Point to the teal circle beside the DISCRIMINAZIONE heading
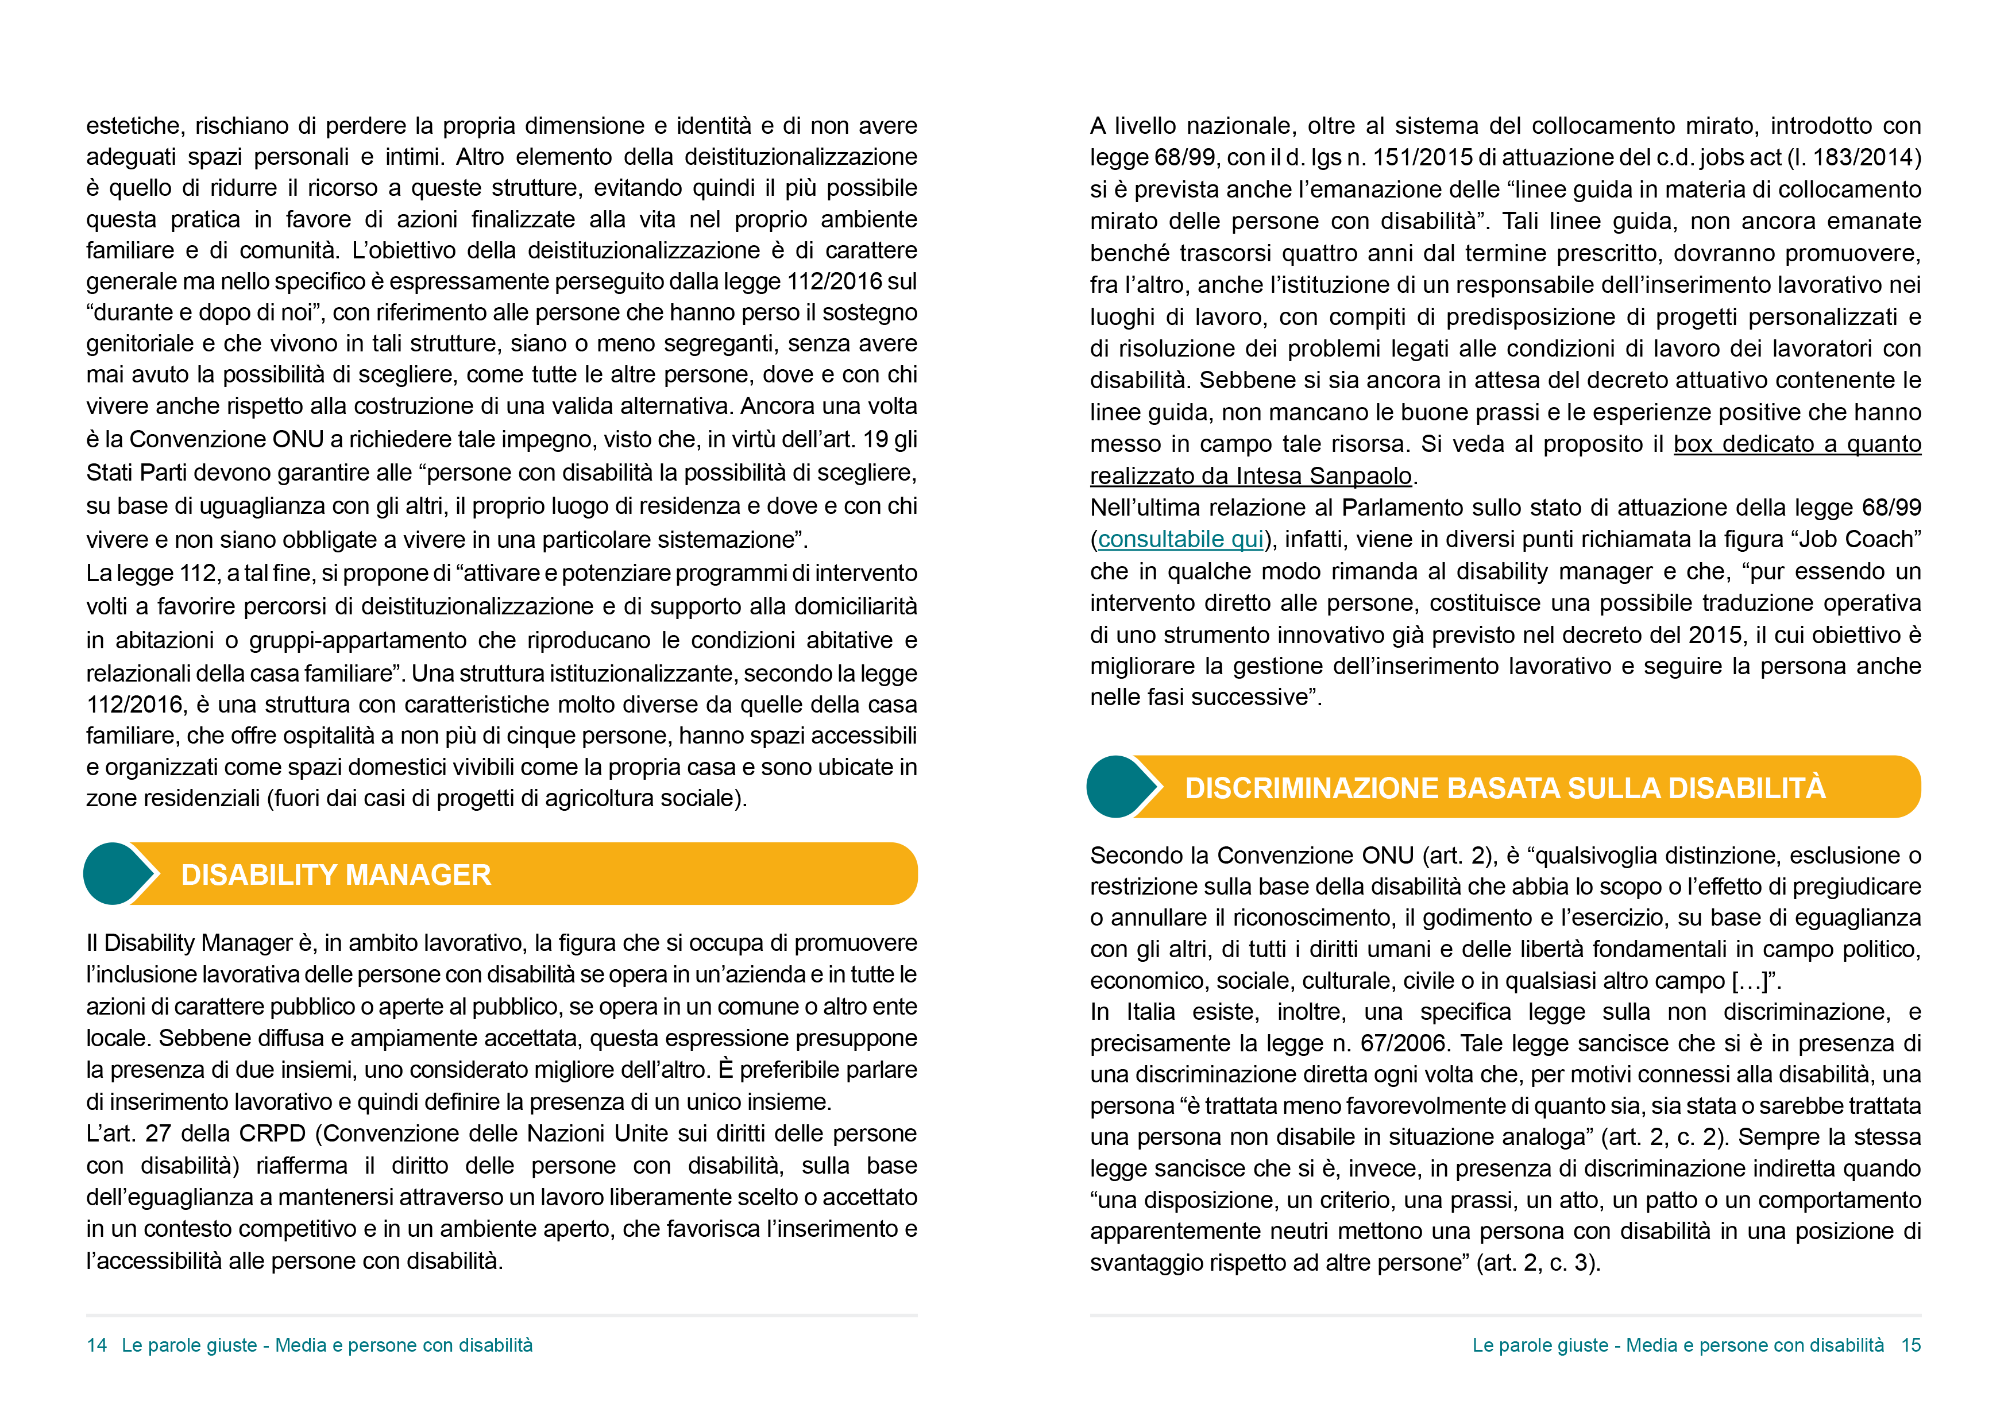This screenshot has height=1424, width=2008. (x=1116, y=787)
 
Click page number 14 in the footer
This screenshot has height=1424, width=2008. (x=96, y=1345)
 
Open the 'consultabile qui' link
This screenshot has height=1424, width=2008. (x=1180, y=539)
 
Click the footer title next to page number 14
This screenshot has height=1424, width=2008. (x=326, y=1345)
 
